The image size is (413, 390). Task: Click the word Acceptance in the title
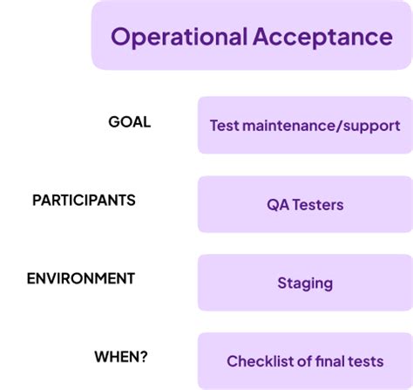coord(322,38)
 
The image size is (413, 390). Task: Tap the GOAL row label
coord(129,122)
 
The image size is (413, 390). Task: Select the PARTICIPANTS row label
coord(84,200)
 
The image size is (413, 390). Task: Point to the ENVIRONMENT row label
coord(81,278)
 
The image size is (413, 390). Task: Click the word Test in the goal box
coord(224,126)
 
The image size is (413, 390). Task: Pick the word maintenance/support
coord(321,126)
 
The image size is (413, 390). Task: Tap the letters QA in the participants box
coord(278,206)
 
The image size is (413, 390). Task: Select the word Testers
coord(318,206)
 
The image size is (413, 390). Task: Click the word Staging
coord(305,284)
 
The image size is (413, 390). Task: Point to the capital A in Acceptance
coord(261,38)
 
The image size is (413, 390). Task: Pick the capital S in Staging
coord(281,283)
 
